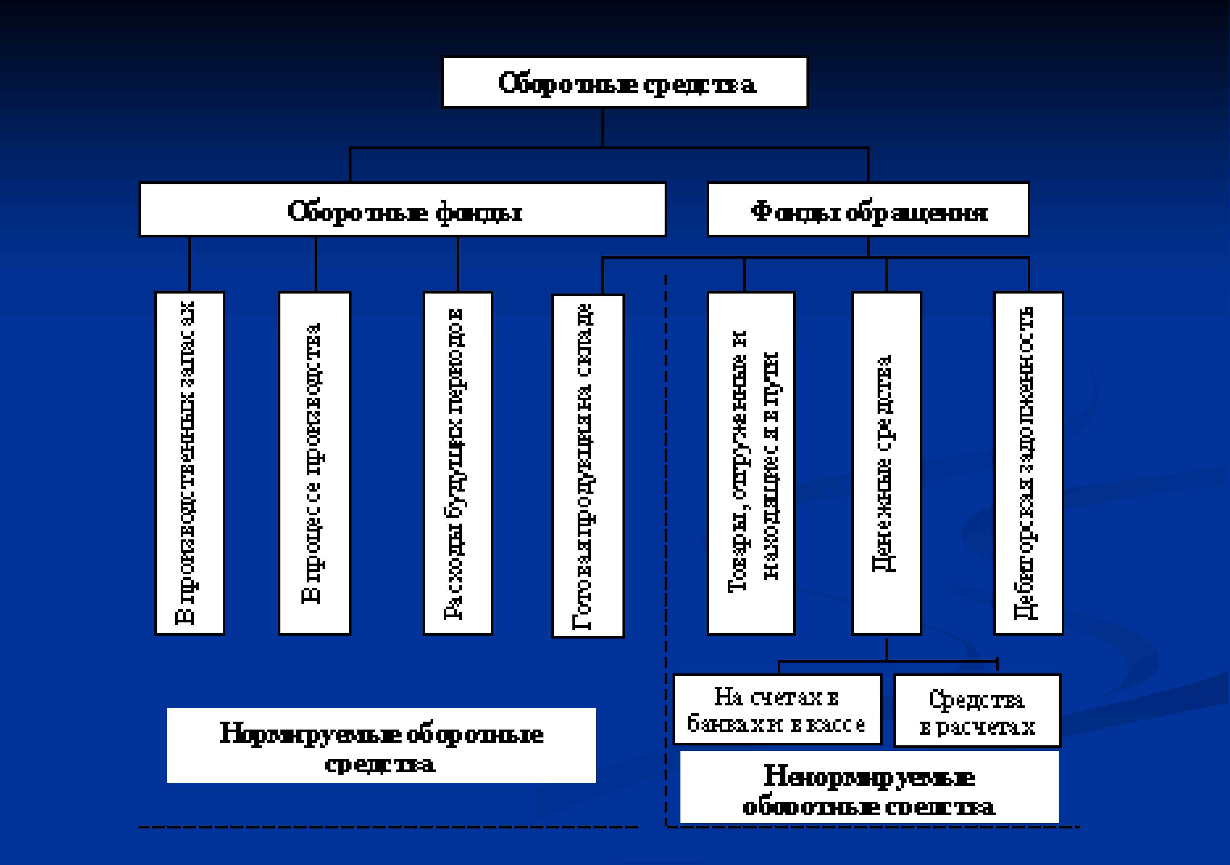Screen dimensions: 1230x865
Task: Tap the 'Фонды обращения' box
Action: (x=868, y=209)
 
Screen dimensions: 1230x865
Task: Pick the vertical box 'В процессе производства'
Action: (x=315, y=463)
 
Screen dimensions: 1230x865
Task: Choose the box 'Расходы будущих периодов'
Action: (x=457, y=463)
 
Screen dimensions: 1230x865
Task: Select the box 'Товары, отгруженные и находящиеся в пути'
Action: (x=751, y=463)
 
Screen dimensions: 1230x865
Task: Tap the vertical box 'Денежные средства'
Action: (x=887, y=463)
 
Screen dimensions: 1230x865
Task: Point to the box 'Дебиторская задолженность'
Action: (x=1028, y=463)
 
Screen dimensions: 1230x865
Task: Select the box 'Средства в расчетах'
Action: (x=977, y=711)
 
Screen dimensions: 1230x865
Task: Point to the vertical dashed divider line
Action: (x=666, y=482)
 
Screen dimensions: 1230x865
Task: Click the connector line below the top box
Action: (x=603, y=128)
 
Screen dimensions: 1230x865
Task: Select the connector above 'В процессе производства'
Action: (x=316, y=264)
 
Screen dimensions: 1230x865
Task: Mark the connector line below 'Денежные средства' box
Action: (x=887, y=649)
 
